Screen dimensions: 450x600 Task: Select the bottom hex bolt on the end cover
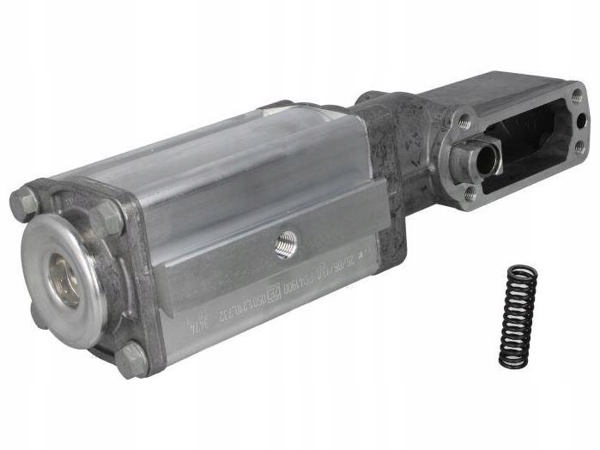[x=131, y=358]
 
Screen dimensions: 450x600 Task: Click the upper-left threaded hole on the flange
[x=464, y=121]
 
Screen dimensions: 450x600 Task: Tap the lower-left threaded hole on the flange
[x=470, y=193]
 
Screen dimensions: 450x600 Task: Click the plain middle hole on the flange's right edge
[x=581, y=121]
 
